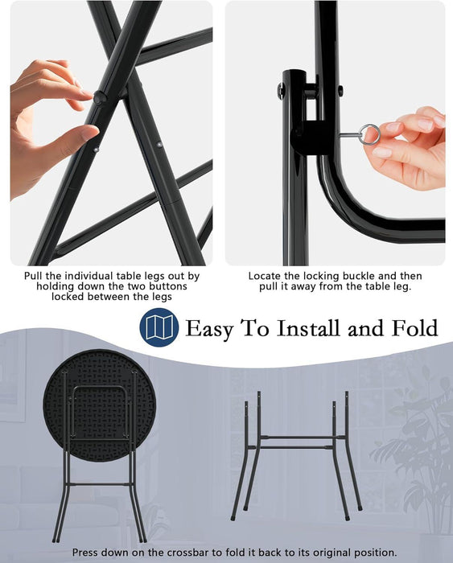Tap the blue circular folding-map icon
pos(159,327)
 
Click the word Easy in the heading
pos(208,328)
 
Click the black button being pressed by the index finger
pos(100,97)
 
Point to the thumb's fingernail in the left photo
pos(89,133)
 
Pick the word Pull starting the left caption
pos(34,276)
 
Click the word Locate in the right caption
pos(265,276)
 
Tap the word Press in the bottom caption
pos(85,553)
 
